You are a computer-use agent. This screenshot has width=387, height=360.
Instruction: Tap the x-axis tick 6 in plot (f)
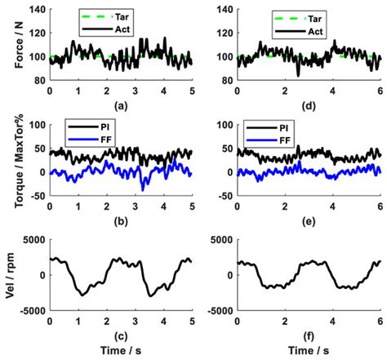pos(380,319)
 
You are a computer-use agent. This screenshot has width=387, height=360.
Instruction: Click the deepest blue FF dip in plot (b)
pos(145,189)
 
